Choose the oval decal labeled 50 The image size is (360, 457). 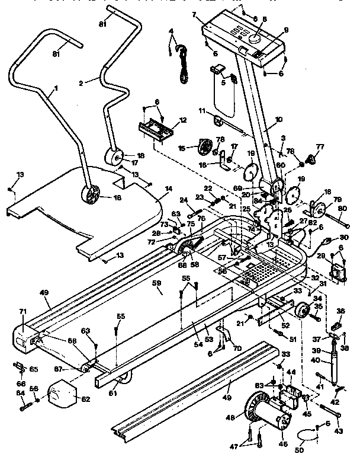tap(306, 437)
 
